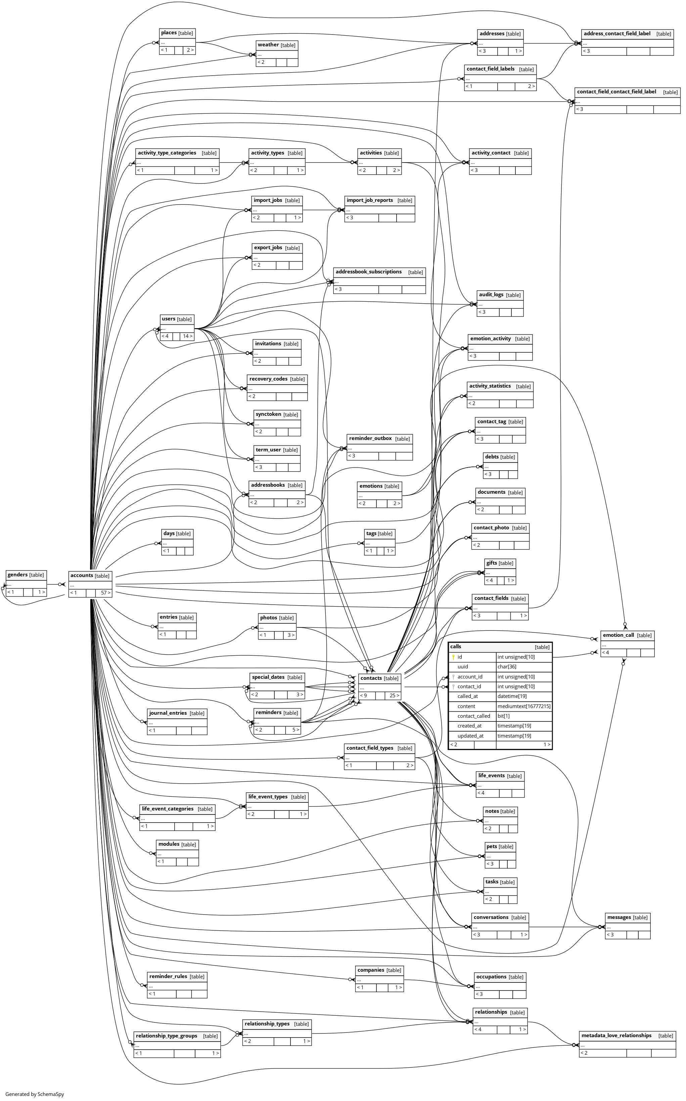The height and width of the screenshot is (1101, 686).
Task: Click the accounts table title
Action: [82, 575]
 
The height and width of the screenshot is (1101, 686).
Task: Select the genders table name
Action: [18, 575]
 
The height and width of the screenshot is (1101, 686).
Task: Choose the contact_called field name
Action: [474, 716]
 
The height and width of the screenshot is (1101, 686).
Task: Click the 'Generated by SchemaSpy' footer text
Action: [35, 1094]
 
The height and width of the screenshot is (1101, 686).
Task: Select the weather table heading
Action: [268, 45]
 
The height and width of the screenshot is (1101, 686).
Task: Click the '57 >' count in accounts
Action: [105, 593]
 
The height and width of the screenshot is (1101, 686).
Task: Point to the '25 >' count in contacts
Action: [394, 695]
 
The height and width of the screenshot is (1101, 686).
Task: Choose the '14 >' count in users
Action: [187, 336]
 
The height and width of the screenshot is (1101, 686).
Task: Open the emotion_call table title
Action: [618, 635]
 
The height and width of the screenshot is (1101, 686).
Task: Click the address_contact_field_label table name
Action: [617, 34]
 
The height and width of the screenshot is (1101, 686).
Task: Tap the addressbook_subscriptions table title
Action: [368, 272]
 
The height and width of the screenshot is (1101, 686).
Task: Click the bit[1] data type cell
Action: [503, 716]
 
